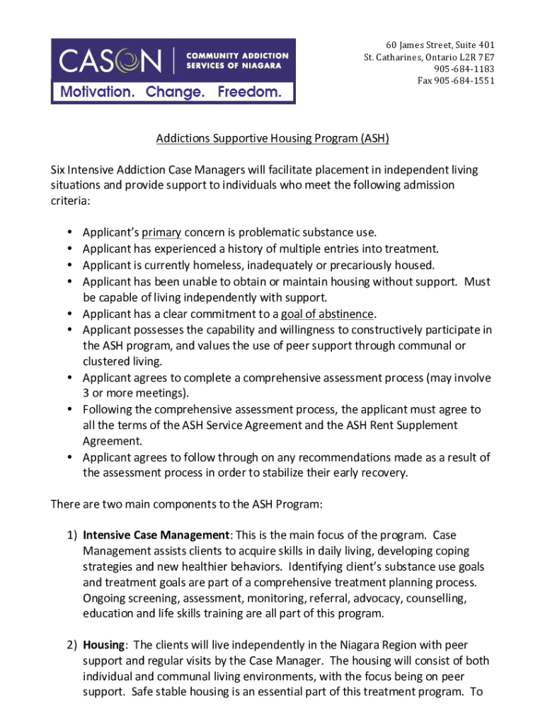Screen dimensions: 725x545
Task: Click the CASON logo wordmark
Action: click(110, 60)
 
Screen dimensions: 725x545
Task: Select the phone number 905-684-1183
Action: click(464, 69)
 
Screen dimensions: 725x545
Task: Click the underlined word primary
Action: click(161, 232)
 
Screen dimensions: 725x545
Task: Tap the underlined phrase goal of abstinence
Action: click(327, 314)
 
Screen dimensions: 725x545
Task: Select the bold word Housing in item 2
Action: click(103, 644)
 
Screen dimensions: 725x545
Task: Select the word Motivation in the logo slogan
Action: click(97, 92)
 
